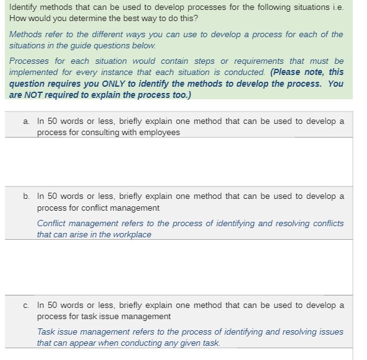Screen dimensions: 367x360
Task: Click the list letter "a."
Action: pyautogui.click(x=26, y=121)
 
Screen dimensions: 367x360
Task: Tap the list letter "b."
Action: pyautogui.click(x=26, y=196)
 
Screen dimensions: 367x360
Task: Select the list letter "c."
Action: pyautogui.click(x=26, y=305)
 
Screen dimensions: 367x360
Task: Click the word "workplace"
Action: pyautogui.click(x=131, y=235)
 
